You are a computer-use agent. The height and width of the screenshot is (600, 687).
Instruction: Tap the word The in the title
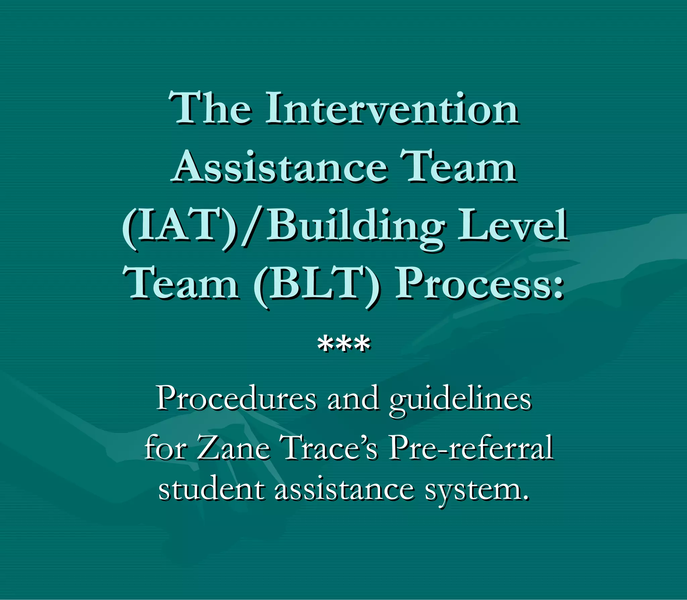(x=210, y=108)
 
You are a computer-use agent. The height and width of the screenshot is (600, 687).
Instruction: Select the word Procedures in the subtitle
(x=236, y=398)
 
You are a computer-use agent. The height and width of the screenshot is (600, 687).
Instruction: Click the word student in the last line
(x=211, y=490)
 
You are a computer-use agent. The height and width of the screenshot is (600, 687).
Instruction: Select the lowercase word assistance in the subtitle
(x=344, y=490)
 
